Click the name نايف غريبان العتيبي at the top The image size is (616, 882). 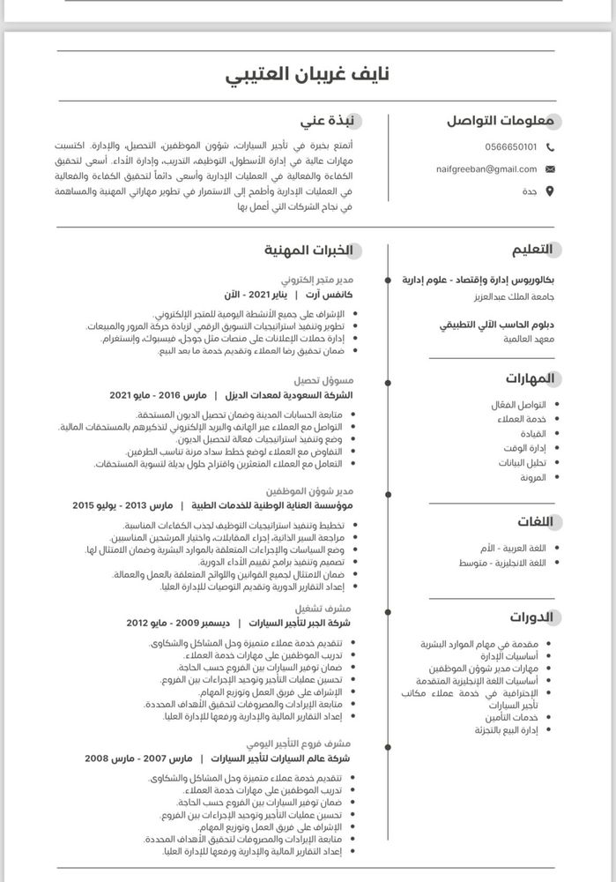point(308,75)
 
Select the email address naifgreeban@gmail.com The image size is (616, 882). point(486,168)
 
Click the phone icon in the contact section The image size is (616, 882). point(551,146)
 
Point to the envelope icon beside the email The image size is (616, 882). point(551,168)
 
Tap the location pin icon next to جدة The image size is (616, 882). point(551,191)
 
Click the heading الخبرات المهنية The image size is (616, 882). point(308,250)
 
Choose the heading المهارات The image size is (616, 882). point(530,378)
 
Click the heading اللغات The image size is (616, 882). point(534,521)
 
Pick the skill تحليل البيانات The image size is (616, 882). point(523,462)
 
